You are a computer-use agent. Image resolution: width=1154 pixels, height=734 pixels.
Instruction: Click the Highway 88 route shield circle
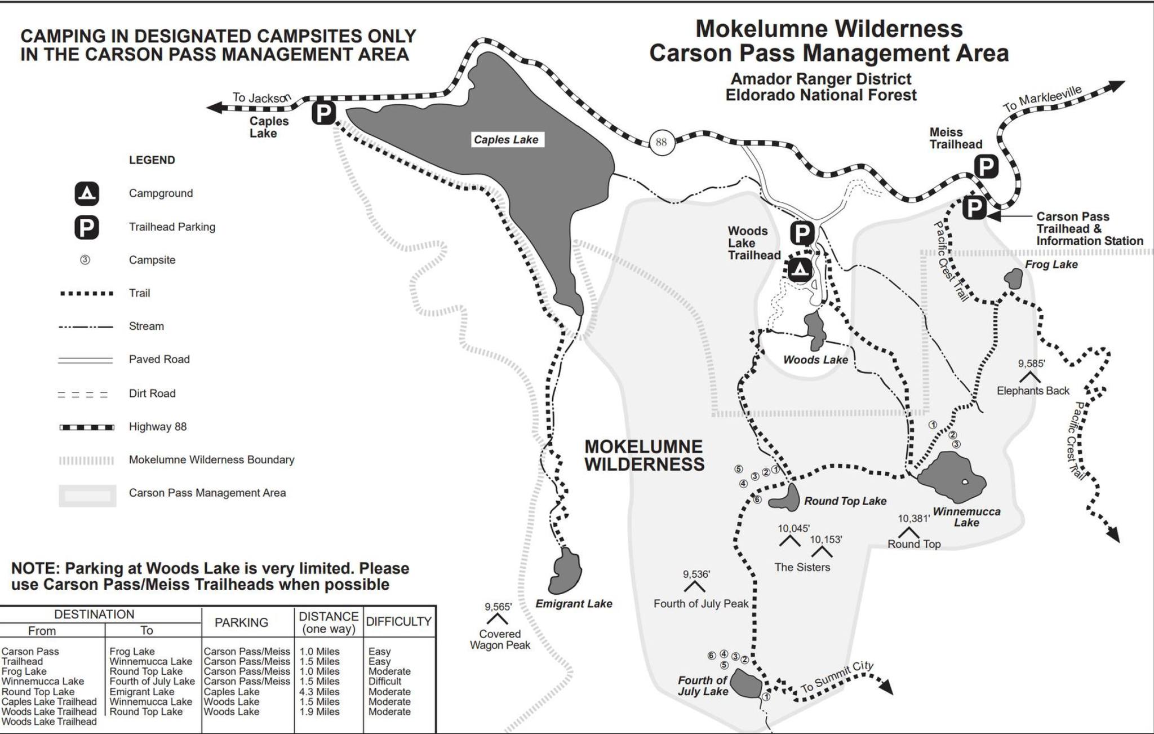pos(661,142)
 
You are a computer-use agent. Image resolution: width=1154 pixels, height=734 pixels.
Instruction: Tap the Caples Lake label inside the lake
pos(506,140)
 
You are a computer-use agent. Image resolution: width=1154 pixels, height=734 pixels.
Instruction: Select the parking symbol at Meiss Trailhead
pos(986,167)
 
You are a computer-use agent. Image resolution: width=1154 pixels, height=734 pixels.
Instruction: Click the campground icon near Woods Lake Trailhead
pos(800,270)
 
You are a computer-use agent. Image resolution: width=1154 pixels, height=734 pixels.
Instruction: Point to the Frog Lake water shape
pos(1014,278)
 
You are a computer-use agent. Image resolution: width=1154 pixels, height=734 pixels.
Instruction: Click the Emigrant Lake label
pos(574,604)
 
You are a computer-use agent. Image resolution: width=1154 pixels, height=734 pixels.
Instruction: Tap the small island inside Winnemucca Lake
pos(965,481)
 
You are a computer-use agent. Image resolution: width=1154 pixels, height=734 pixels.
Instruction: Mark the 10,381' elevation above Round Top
pos(913,519)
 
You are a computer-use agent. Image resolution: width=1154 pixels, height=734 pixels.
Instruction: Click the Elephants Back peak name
pos(1033,391)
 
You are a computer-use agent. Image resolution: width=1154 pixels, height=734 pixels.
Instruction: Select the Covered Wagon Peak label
pos(500,639)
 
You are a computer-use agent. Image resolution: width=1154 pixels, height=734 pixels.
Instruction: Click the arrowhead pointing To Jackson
pos(213,107)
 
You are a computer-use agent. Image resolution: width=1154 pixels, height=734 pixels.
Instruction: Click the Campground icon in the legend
pos(87,193)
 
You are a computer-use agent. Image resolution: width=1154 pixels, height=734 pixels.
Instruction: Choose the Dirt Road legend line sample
pos(83,394)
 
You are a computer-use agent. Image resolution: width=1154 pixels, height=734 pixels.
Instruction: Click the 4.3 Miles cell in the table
pos(319,692)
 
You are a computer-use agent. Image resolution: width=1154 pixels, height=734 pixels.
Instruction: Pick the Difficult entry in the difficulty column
pos(385,682)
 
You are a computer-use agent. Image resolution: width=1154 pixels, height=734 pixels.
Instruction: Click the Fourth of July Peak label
pos(701,604)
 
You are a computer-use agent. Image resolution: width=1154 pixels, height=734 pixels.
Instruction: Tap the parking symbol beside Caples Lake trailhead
pos(324,113)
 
